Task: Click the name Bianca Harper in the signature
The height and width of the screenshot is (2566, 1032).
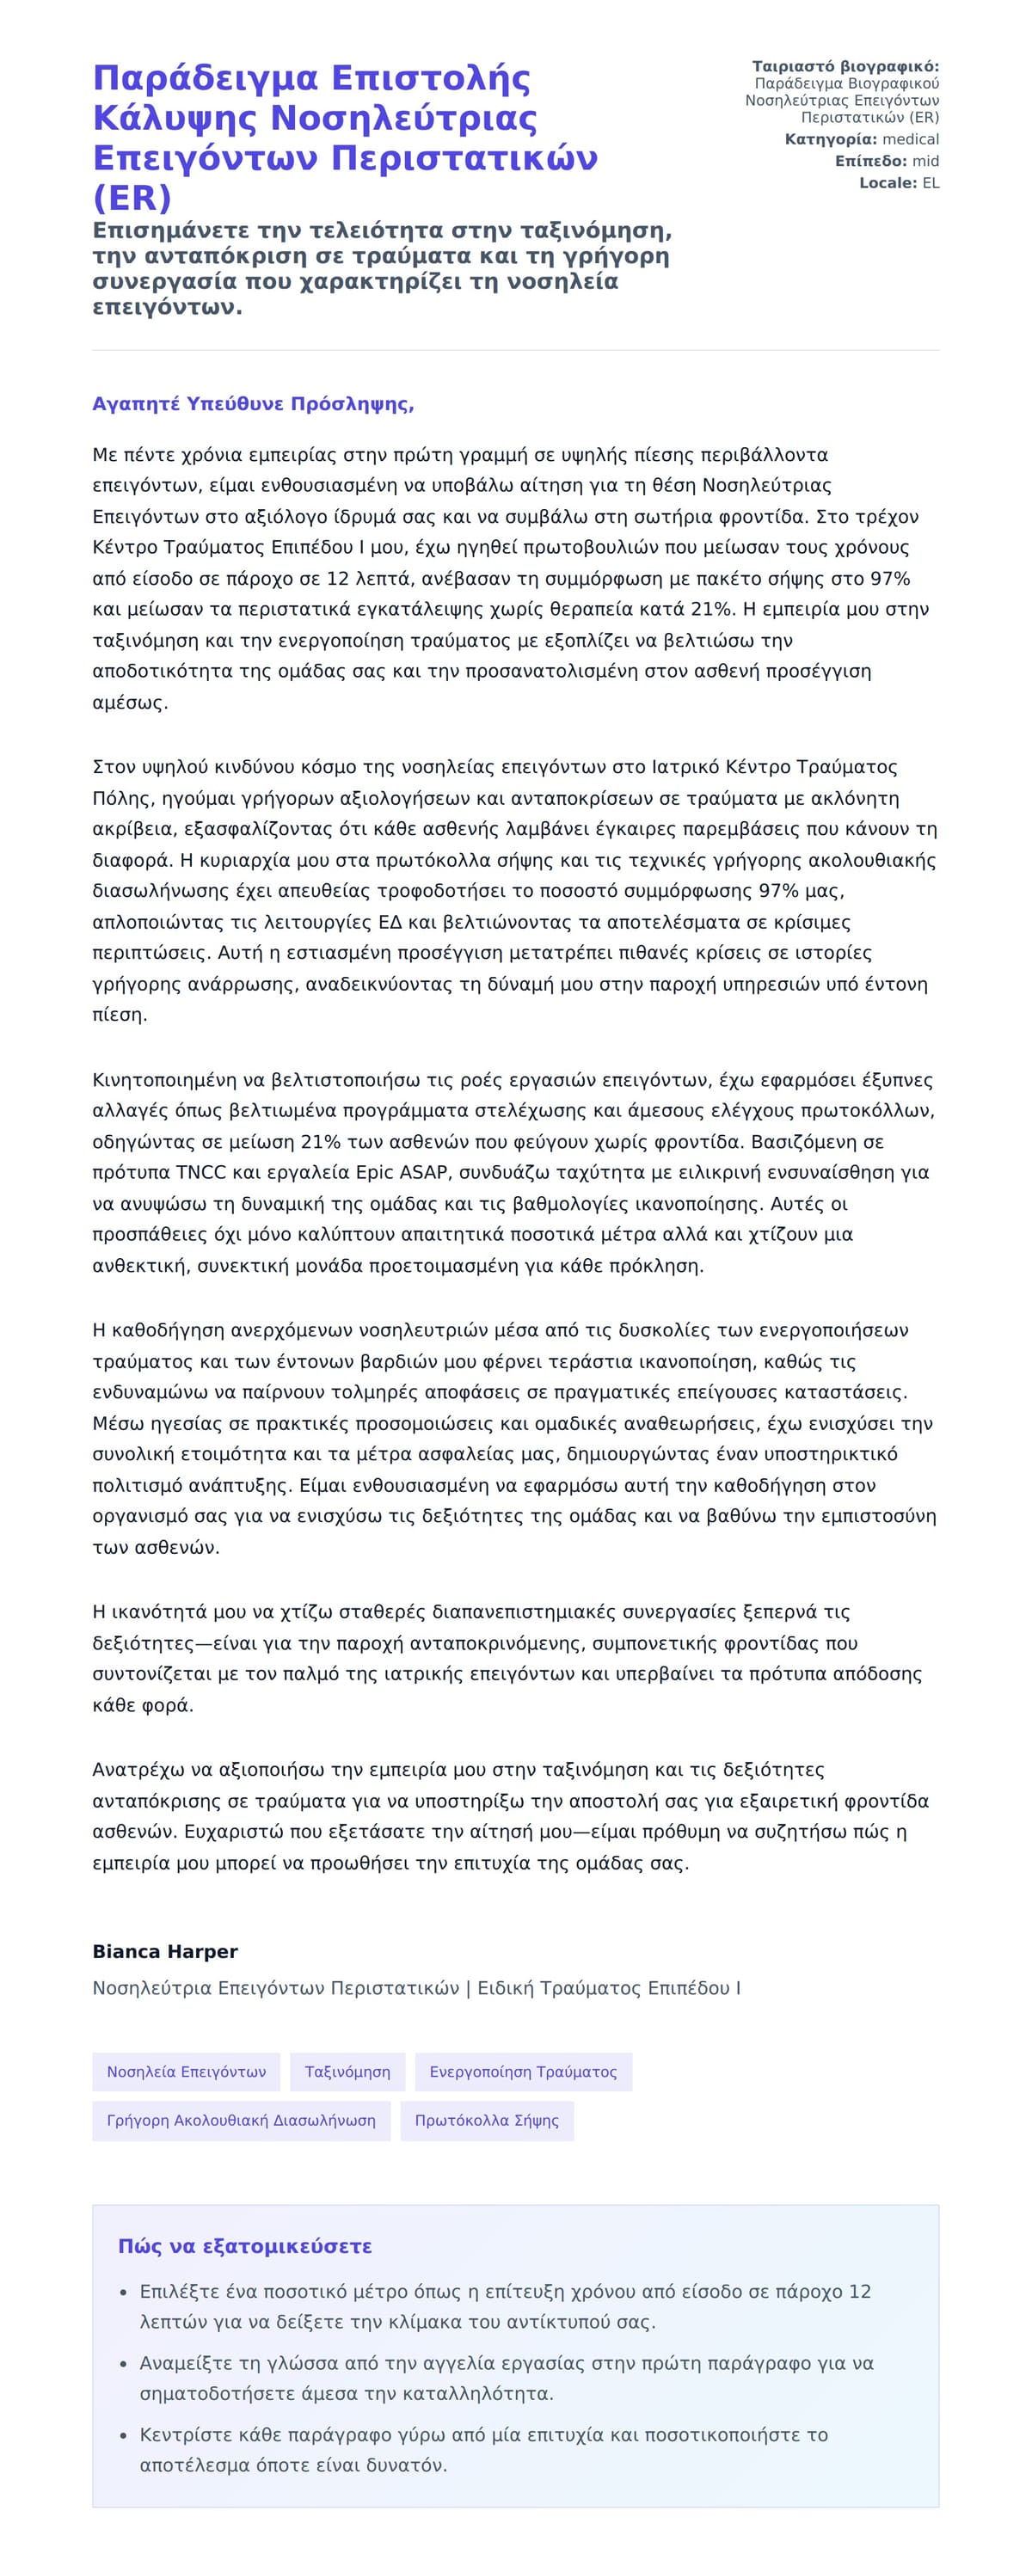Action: point(164,1951)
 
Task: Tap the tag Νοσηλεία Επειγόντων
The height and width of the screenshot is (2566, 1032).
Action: point(187,2071)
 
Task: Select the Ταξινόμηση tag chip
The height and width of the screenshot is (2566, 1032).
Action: point(347,2071)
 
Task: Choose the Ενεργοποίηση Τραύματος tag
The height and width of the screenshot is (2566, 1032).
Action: point(523,2071)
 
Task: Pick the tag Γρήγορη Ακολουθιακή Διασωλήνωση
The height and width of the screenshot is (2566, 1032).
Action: point(241,2120)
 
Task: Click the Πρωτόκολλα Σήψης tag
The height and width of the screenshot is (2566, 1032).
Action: point(487,2120)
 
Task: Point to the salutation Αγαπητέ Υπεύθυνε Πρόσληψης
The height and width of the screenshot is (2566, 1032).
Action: point(253,403)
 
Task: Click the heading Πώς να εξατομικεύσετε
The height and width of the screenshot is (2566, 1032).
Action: point(245,2245)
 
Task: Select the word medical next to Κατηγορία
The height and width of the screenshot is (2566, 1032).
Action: point(911,139)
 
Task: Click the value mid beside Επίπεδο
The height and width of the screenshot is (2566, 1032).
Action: point(925,160)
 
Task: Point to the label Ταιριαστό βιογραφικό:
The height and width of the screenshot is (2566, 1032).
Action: point(845,67)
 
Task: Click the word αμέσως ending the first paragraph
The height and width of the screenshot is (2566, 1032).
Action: point(130,703)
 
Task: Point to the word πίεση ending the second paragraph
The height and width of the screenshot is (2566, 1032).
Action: point(119,1015)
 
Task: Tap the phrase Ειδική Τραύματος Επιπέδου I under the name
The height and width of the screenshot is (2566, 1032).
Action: point(609,1987)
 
